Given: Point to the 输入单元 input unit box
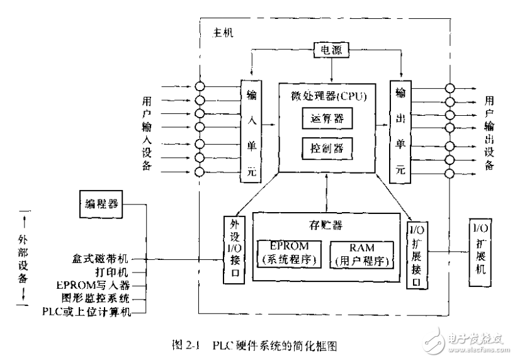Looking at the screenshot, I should (251, 130).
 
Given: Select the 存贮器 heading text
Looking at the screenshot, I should (325, 225).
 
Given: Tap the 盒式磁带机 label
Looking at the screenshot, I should (102, 259).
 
